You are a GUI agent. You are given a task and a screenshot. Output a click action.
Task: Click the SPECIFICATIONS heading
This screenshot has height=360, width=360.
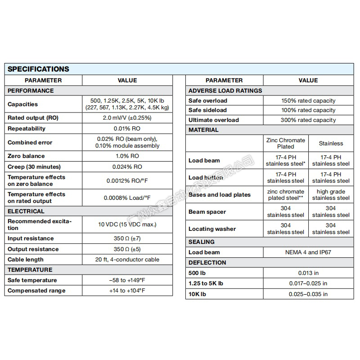pyautogui.click(x=39, y=69)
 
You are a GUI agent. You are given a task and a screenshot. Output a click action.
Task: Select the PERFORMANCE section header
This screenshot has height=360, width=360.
pyautogui.click(x=31, y=90)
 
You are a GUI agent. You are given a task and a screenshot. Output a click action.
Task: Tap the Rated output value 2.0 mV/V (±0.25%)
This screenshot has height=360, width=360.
pyautogui.click(x=127, y=118)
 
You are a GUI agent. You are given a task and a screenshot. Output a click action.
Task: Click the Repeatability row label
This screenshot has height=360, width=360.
pyautogui.click(x=27, y=129)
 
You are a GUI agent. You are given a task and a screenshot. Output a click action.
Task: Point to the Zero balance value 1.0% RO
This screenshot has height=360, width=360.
pyautogui.click(x=127, y=156)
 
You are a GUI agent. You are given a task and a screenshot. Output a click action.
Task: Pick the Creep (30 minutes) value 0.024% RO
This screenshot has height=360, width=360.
pyautogui.click(x=127, y=166)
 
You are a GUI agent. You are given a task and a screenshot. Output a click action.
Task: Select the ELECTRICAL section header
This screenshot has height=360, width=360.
pyautogui.click(x=26, y=211)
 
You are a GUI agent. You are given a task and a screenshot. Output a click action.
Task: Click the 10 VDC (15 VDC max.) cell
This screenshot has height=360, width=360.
pyautogui.click(x=127, y=224)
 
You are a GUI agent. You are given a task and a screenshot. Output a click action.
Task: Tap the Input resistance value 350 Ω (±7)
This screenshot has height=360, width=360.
pyautogui.click(x=127, y=238)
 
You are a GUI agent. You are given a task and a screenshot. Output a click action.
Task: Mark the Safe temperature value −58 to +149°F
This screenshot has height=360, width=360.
pyautogui.click(x=127, y=280)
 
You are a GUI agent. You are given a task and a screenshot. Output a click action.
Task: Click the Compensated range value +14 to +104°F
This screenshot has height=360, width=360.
pyautogui.click(x=127, y=291)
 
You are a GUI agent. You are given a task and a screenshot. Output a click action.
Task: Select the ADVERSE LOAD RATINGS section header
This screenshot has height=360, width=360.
pyautogui.click(x=225, y=90)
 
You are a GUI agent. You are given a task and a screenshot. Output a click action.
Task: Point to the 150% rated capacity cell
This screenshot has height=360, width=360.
pyautogui.click(x=308, y=101)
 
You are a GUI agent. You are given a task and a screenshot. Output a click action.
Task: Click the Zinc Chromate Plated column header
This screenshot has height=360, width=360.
pyautogui.click(x=286, y=143)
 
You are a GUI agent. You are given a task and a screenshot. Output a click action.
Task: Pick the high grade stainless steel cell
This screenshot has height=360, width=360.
pyautogui.click(x=331, y=194)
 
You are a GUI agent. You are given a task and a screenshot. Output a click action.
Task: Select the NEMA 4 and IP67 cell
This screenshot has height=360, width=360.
pyautogui.click(x=308, y=252)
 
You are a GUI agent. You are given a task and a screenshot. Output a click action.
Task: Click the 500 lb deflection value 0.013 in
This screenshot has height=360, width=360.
pyautogui.click(x=308, y=273)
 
